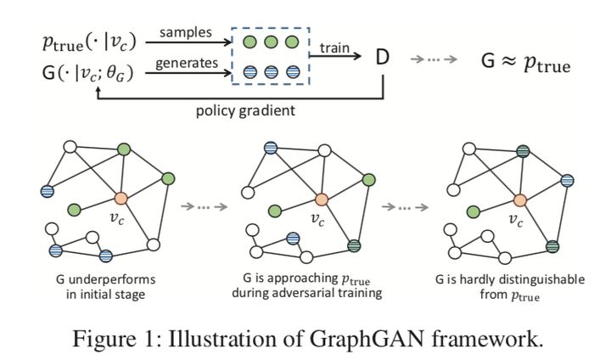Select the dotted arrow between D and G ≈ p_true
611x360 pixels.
[433, 60]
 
